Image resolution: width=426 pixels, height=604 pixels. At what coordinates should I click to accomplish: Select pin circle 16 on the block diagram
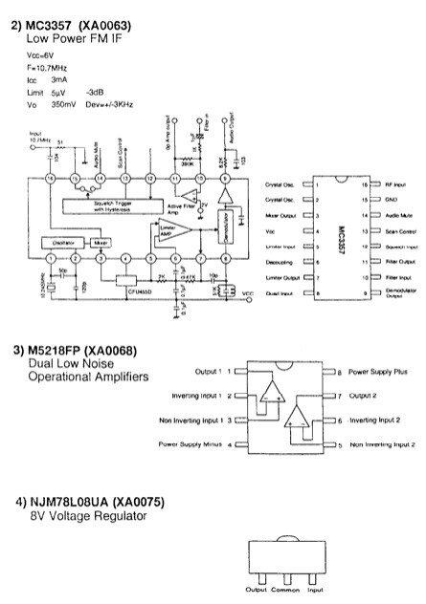click(50, 179)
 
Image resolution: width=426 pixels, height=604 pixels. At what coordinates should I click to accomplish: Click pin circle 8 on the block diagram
click(223, 259)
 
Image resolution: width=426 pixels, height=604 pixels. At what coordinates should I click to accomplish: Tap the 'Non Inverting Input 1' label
click(191, 420)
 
